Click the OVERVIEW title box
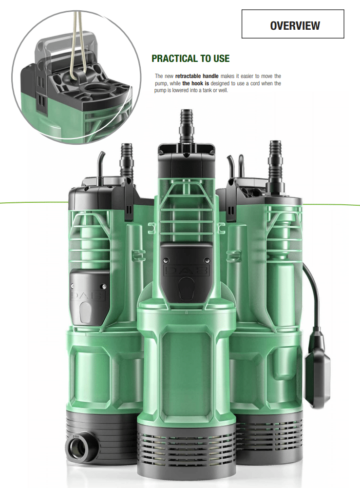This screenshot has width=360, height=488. (x=293, y=24)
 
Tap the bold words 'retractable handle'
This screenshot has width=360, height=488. (x=197, y=76)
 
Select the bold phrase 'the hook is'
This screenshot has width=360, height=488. (x=195, y=83)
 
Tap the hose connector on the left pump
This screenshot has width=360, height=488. (x=127, y=159)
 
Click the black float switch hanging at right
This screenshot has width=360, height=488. (x=317, y=367)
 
